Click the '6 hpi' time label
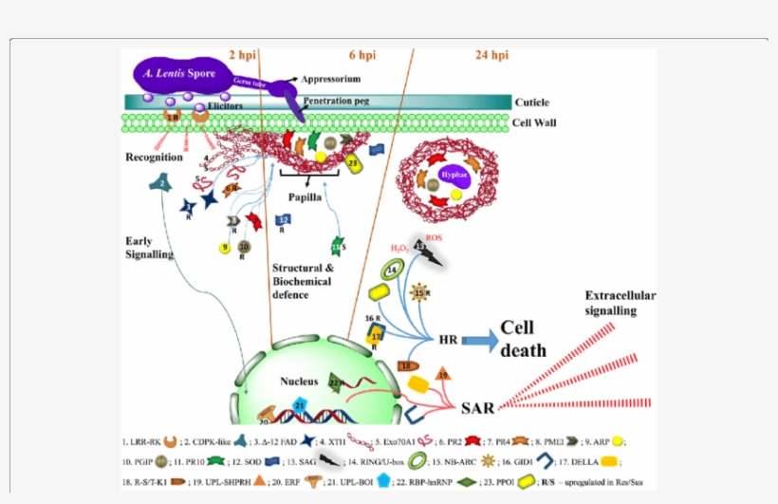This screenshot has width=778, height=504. click(362, 55)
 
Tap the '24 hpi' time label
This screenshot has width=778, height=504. click(492, 55)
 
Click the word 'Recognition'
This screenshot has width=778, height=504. click(155, 155)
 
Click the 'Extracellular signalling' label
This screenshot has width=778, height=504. click(621, 303)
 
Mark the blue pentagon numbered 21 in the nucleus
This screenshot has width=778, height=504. click(299, 406)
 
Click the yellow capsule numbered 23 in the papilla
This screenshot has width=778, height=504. click(353, 164)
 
